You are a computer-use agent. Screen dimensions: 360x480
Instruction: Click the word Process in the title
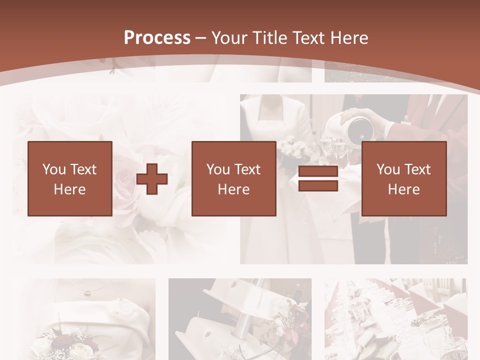tap(157, 37)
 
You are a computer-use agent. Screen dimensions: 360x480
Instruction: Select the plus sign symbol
tap(152, 178)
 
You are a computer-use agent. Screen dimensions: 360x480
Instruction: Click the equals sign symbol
tap(318, 178)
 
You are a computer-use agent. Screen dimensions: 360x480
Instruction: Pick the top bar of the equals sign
tap(318, 171)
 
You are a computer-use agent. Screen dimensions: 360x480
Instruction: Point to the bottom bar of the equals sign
tap(318, 185)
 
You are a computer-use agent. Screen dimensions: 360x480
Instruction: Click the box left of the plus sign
tap(70, 178)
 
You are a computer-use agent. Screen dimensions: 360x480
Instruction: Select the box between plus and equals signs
tap(234, 178)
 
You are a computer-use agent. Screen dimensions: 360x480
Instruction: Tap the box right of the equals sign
tap(404, 178)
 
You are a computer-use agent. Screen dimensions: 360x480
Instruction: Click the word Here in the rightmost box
tap(404, 189)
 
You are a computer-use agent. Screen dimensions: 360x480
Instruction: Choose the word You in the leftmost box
tap(53, 169)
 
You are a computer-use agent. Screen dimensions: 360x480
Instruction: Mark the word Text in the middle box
tap(247, 169)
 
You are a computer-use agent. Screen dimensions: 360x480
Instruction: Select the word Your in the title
tap(229, 37)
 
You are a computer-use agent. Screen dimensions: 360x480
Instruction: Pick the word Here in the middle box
tap(234, 189)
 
